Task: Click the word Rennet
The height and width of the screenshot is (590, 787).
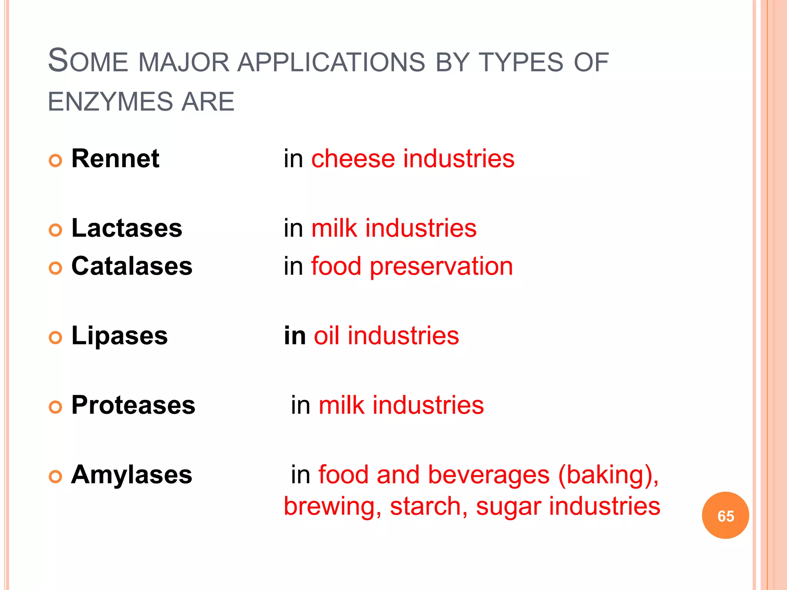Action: (x=115, y=159)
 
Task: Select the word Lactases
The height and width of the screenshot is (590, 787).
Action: (x=127, y=228)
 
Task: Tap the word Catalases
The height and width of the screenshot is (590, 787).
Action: (x=132, y=266)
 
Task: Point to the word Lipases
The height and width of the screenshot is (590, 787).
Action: (x=120, y=336)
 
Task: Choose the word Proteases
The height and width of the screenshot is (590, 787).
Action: (x=133, y=405)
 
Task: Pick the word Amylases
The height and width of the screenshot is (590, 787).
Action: (x=131, y=475)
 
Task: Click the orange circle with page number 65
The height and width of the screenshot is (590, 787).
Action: (x=725, y=515)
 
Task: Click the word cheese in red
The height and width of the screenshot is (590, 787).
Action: (x=353, y=159)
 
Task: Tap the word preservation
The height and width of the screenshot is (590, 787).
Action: (x=441, y=266)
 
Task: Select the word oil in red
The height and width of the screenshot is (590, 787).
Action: (x=326, y=336)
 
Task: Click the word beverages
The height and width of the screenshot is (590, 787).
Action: (x=488, y=475)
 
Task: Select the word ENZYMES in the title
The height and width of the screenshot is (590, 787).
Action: (x=110, y=102)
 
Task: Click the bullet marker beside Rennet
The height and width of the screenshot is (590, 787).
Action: (x=56, y=160)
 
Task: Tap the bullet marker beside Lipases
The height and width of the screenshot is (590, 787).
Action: (x=56, y=338)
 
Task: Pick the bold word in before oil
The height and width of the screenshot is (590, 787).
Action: (x=295, y=336)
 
